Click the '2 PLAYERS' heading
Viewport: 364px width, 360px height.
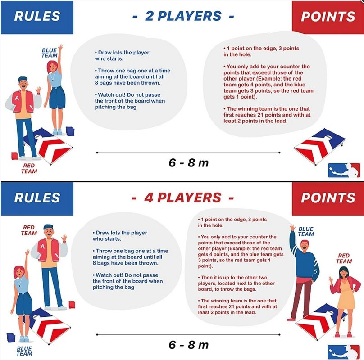tap(183, 16)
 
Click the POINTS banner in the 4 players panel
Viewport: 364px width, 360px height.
tap(328, 198)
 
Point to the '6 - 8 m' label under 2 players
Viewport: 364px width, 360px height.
tap(188, 162)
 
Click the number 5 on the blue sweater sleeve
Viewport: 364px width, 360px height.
tap(315, 271)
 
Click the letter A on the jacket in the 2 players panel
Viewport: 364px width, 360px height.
tap(17, 98)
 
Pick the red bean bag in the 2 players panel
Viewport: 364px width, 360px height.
tap(14, 155)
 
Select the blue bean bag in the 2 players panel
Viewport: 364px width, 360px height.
tap(70, 131)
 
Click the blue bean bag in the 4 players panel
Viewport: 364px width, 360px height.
tap(11, 337)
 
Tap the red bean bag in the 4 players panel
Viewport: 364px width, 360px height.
tap(72, 304)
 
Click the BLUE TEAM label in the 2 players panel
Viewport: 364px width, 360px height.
tap(50, 53)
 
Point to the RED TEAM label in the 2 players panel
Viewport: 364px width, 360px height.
tap(29, 168)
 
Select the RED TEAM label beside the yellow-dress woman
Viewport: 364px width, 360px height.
tap(344, 258)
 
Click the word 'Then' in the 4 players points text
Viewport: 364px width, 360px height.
tap(206, 277)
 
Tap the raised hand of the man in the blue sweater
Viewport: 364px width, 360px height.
tap(292, 228)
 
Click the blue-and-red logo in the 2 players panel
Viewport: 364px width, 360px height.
tap(344, 170)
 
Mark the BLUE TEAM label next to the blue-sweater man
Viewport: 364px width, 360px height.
tap(306, 231)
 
